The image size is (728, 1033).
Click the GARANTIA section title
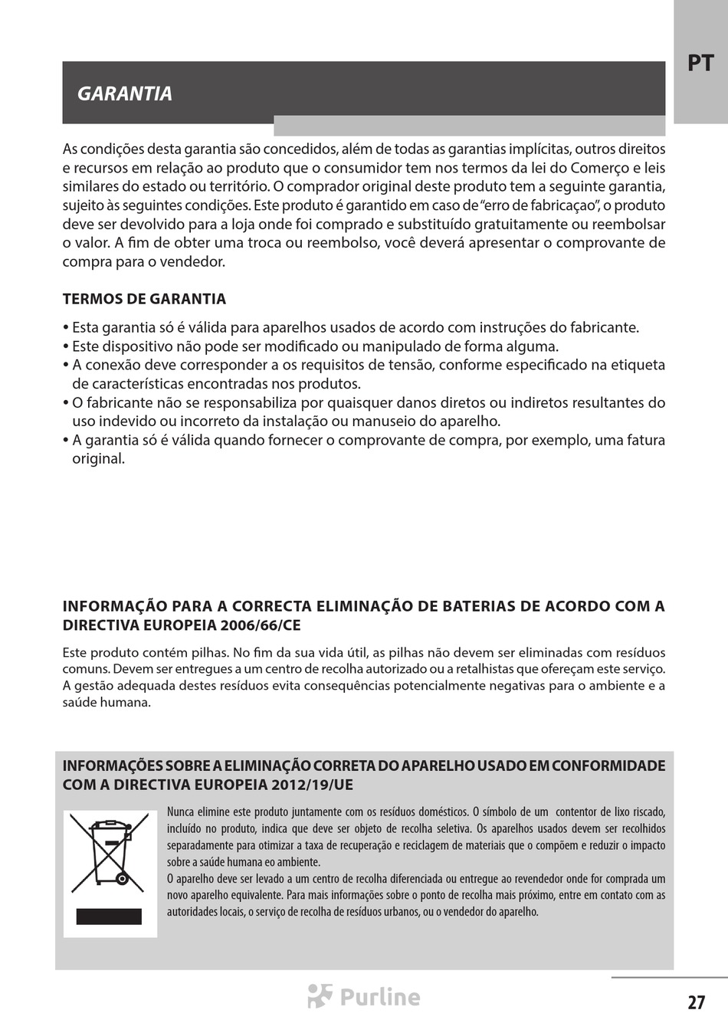125,93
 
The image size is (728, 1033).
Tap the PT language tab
700,63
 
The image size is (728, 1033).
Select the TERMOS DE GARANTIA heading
144,299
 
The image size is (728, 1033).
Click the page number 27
696,1002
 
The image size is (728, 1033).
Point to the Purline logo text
380,997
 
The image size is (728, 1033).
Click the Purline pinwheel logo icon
320,995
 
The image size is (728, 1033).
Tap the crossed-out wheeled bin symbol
109,854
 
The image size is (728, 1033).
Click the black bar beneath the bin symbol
109,917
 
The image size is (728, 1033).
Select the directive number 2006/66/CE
261,625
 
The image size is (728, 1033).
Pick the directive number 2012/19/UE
312,785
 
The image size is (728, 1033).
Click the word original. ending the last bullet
98,459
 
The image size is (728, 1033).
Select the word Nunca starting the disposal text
180,812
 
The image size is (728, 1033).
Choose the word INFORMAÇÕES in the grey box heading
112,766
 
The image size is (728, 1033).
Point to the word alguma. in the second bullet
533,346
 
